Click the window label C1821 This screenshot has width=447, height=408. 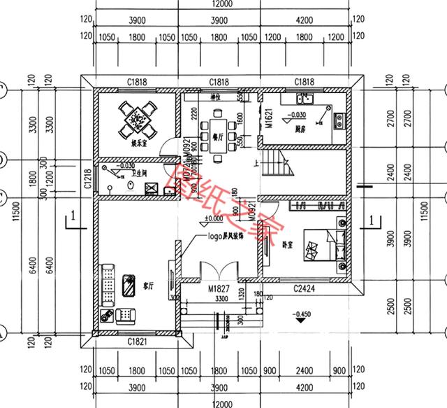138,341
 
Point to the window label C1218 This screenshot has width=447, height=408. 87,181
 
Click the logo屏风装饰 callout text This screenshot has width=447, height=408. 225,237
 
